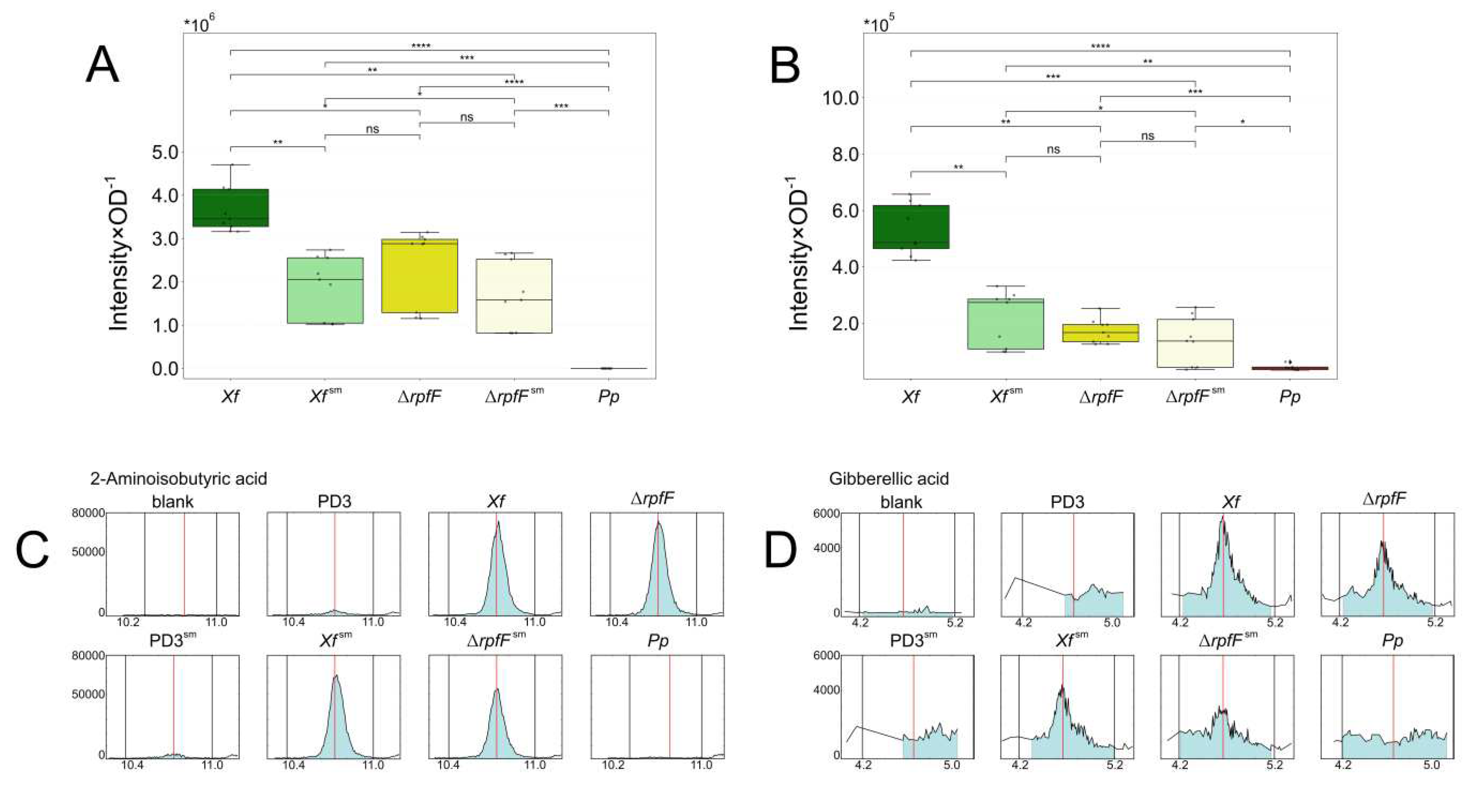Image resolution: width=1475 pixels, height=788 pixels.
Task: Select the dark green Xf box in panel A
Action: pos(230,208)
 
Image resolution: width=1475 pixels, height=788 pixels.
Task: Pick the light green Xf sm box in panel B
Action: pos(1005,324)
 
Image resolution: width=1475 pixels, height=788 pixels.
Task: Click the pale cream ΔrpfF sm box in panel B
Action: pos(1195,343)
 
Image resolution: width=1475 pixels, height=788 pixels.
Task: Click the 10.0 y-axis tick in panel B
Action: pos(840,98)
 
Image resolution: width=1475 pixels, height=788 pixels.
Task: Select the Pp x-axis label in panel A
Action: pos(609,396)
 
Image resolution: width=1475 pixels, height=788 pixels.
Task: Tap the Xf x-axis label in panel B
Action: pos(910,396)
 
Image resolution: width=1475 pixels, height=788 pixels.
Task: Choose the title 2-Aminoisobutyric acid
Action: pos(179,478)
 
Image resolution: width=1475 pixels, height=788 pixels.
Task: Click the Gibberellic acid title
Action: pos(889,478)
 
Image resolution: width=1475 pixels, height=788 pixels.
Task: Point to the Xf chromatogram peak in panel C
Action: pos(497,522)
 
